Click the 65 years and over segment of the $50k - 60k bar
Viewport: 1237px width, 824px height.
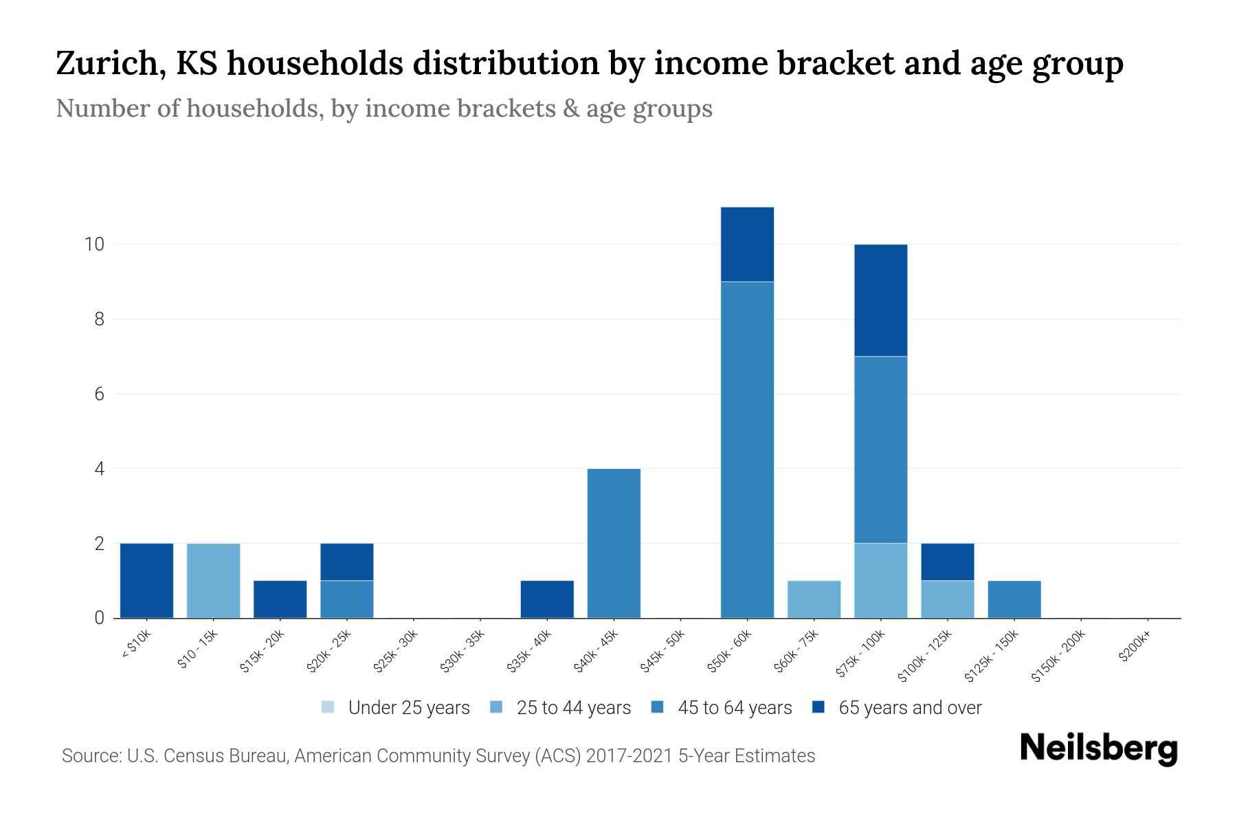(747, 244)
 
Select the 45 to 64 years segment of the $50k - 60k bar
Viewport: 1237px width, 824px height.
(747, 450)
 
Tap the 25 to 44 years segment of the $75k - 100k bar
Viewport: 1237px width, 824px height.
(880, 580)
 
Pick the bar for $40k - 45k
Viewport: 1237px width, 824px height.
(614, 543)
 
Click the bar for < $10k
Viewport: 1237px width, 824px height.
(146, 580)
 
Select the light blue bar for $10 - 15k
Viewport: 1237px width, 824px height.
(213, 580)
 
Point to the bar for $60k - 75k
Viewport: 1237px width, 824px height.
(814, 599)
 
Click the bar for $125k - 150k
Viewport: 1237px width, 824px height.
(1014, 599)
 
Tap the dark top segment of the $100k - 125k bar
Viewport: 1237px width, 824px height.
(947, 562)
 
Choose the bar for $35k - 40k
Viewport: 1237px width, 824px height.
(547, 599)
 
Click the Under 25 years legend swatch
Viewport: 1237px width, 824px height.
(328, 707)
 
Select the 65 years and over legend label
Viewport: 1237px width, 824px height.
(909, 708)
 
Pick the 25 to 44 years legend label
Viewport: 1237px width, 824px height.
(573, 708)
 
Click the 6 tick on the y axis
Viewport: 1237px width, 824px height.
(99, 394)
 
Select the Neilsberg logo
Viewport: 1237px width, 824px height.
(1098, 748)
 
